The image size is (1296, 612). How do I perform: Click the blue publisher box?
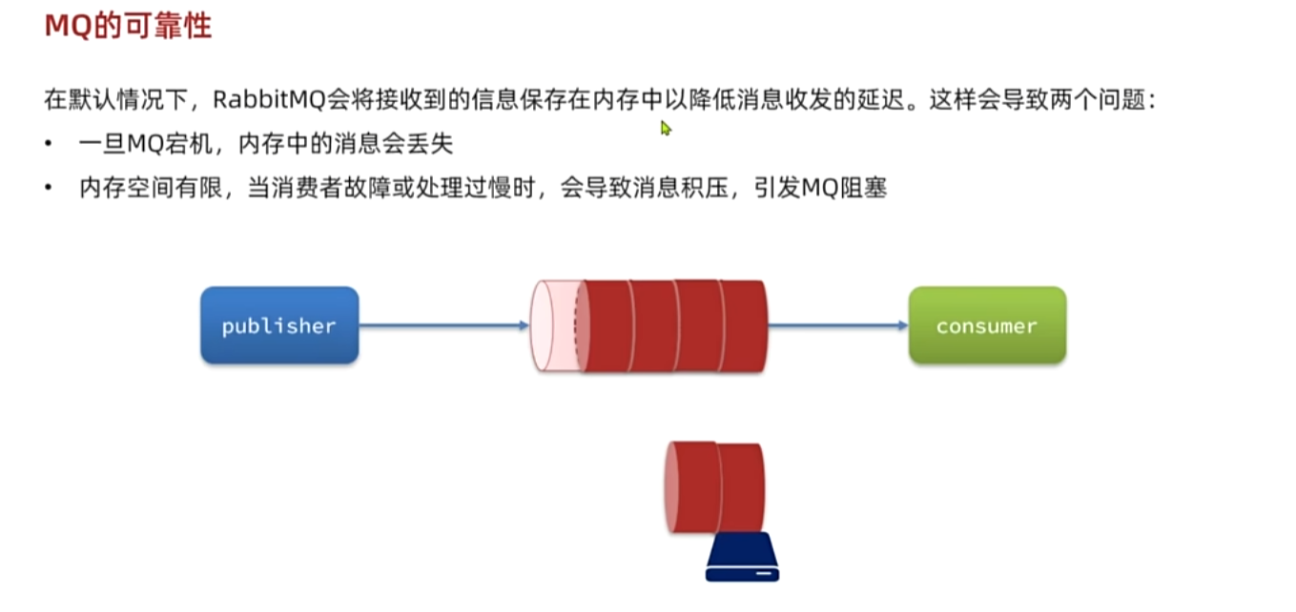pos(278,325)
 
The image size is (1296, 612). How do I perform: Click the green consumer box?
pos(986,325)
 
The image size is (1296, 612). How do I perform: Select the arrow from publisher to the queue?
pos(442,326)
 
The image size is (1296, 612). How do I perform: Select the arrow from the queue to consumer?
pos(837,326)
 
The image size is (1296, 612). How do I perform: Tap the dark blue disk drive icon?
pos(742,561)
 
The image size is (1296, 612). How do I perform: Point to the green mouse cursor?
pos(666,128)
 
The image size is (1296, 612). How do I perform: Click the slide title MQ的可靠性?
pos(128,26)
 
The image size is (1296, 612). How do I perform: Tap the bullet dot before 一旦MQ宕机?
pos(49,144)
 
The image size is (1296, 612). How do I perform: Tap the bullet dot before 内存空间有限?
pos(49,189)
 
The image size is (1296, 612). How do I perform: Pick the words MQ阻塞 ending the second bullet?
pos(844,189)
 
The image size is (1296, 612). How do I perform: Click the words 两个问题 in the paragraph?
pos(1107,100)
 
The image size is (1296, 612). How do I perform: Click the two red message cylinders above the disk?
pos(715,486)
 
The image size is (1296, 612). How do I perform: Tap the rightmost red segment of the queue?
pos(744,325)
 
